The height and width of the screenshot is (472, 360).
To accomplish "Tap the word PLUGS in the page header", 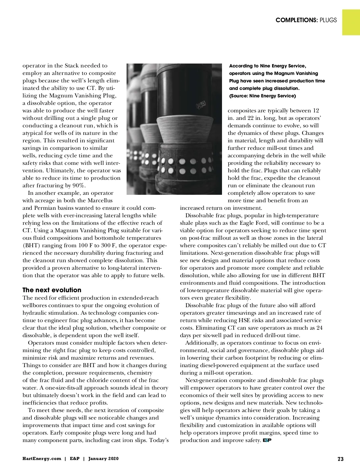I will tap(328, 20).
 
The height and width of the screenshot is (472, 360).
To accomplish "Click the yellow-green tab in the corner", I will tap(351, 22).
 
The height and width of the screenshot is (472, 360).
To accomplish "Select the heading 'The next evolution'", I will tap(52, 290).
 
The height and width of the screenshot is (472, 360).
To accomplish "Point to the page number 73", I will tap(340, 459).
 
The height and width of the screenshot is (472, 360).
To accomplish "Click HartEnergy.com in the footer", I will tap(42, 459).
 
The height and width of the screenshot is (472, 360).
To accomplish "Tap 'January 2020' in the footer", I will tap(103, 459).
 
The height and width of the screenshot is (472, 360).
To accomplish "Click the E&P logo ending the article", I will tap(267, 440).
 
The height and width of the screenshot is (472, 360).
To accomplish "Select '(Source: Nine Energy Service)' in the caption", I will tap(262, 96).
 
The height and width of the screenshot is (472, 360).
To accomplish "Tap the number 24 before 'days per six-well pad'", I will tap(319, 328).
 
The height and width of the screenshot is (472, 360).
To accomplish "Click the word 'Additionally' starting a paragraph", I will tap(201, 343).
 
